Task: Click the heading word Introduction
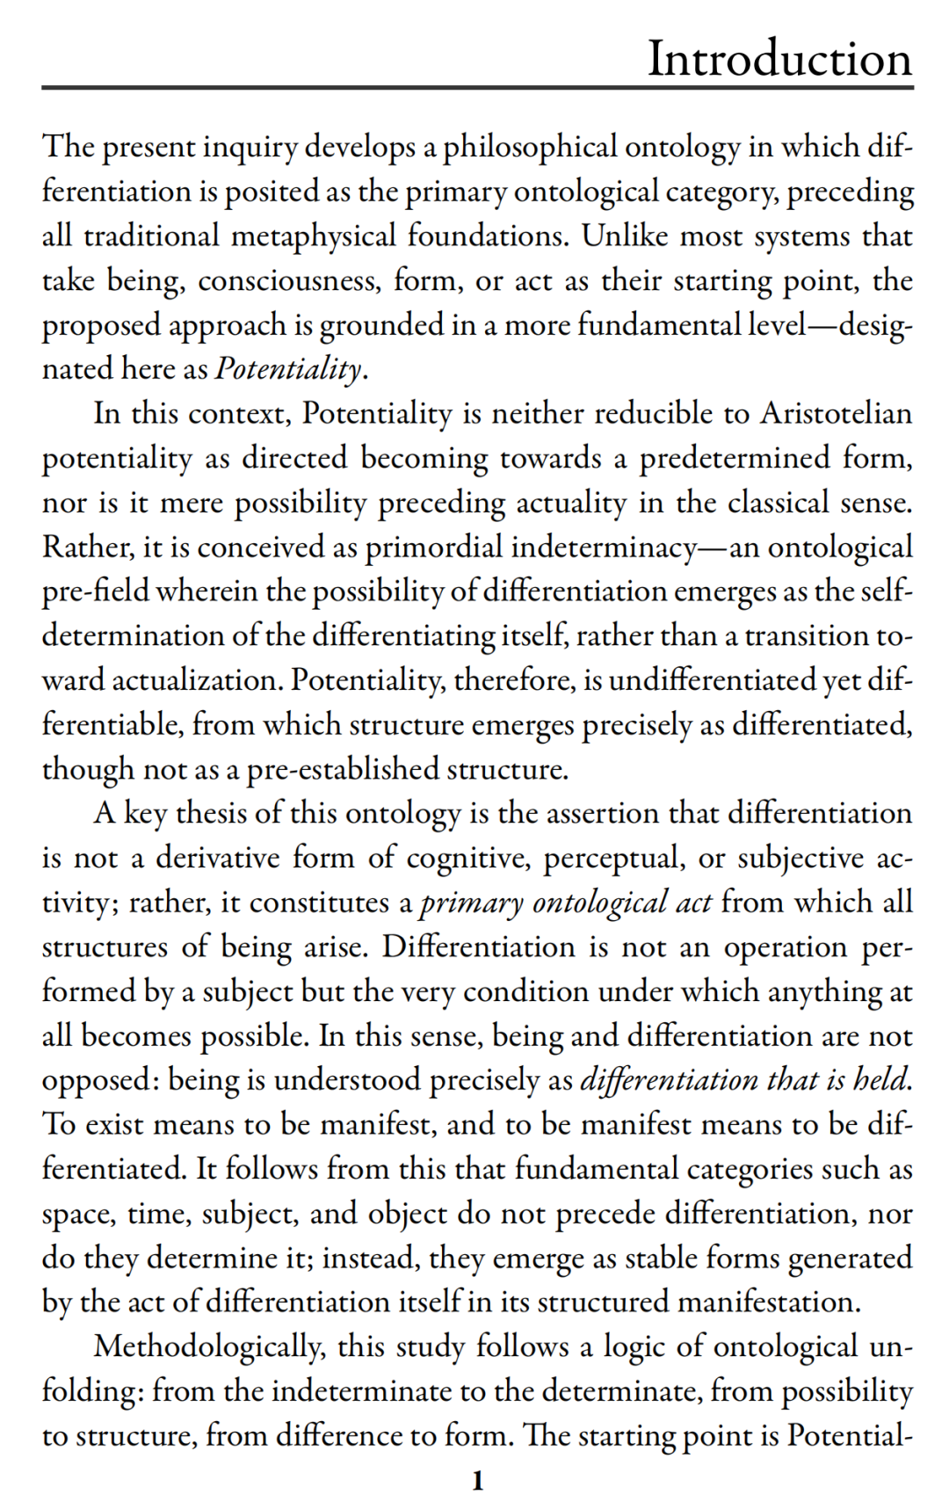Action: click(x=779, y=59)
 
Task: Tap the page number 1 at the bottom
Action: click(x=478, y=1481)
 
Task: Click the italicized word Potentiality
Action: click(x=288, y=368)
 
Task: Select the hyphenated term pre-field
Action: click(x=96, y=591)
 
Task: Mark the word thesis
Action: click(x=211, y=813)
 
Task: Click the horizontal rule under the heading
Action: click(x=478, y=88)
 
